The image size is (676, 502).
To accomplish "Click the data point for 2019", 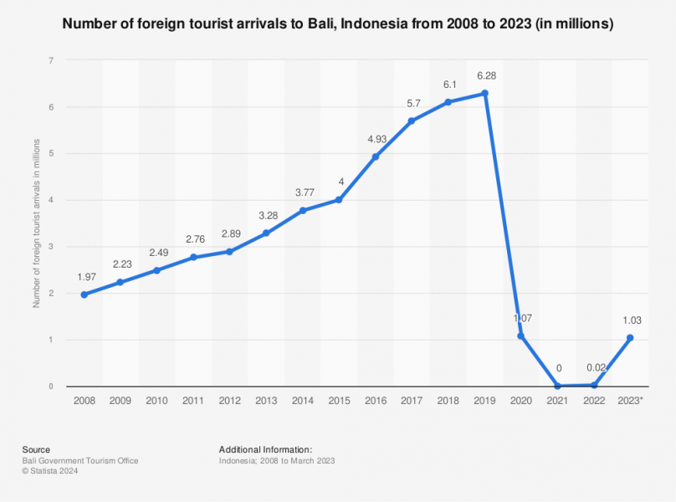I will click(x=485, y=94).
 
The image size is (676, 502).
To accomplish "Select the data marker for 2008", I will click(x=84, y=295).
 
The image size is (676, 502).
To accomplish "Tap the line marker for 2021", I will click(x=557, y=386).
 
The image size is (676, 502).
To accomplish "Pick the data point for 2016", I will click(x=376, y=156).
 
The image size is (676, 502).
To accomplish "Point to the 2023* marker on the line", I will click(x=630, y=338).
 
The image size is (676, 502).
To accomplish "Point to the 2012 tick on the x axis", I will click(x=230, y=402).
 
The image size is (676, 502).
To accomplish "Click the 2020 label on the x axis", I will click(x=521, y=402).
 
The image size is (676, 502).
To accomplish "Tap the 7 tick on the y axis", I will click(x=51, y=60).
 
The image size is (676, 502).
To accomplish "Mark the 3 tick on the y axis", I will click(x=51, y=247).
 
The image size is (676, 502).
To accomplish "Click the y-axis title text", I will click(x=36, y=223).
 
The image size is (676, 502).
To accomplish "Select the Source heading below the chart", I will click(x=36, y=449).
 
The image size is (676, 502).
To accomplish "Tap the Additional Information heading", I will click(x=265, y=449).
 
